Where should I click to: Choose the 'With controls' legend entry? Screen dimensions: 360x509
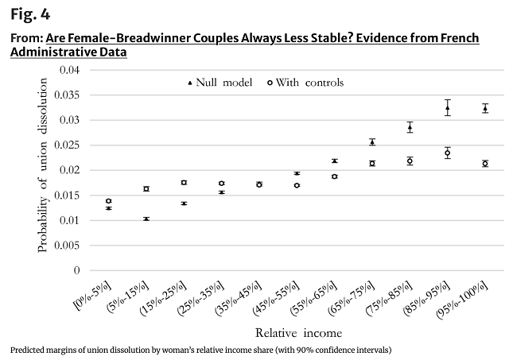pyautogui.click(x=309, y=83)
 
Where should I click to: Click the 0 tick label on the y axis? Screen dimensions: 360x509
pyautogui.click(x=77, y=270)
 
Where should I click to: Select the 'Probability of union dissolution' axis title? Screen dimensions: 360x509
pyautogui.click(x=44, y=170)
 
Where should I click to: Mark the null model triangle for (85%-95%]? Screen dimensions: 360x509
pyautogui.click(x=448, y=108)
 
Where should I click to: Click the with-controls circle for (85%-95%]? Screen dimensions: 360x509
pyautogui.click(x=448, y=153)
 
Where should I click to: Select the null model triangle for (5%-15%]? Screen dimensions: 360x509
pyautogui.click(x=146, y=219)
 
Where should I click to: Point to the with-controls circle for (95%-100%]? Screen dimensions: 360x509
pyautogui.click(x=485, y=164)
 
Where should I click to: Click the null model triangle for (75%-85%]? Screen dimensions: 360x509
pyautogui.click(x=410, y=127)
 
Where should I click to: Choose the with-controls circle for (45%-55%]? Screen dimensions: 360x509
pyautogui.click(x=297, y=185)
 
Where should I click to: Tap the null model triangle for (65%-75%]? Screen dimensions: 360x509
pyautogui.click(x=372, y=142)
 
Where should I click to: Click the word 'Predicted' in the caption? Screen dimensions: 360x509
pyautogui.click(x=27, y=350)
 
